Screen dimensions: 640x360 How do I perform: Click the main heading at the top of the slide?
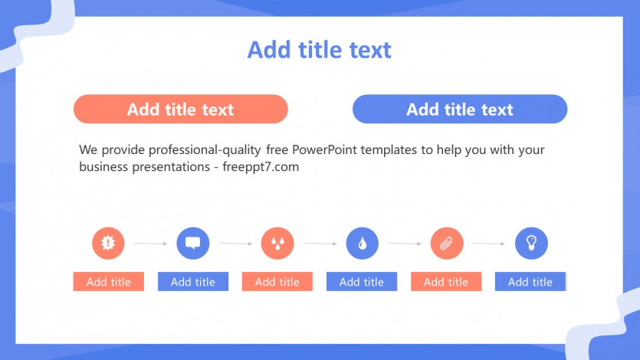point(319,50)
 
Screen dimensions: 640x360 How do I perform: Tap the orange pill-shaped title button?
point(181,109)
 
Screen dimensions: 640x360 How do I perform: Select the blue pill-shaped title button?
point(460,109)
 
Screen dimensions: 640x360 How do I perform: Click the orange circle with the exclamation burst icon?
point(108,243)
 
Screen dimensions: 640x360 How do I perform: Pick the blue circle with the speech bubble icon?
point(192,243)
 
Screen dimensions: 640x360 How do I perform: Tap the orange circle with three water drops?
point(277,243)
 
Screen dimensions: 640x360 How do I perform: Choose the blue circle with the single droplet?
point(362,243)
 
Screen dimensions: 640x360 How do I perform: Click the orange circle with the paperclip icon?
point(447,243)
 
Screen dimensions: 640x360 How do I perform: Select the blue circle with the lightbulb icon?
point(531,243)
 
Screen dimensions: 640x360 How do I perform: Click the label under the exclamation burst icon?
point(109,281)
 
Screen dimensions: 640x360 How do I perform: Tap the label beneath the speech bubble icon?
point(193,281)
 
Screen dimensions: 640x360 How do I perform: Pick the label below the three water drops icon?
point(277,281)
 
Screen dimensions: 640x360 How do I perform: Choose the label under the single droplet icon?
point(362,281)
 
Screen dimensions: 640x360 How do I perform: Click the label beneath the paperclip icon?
point(446,281)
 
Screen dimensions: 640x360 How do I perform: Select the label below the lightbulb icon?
point(530,281)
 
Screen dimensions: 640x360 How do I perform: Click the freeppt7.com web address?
point(261,167)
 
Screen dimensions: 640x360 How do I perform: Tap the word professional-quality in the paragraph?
point(205,150)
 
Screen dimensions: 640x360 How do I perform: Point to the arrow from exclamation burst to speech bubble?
point(151,244)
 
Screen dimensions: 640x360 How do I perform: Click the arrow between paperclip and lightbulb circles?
point(488,244)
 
